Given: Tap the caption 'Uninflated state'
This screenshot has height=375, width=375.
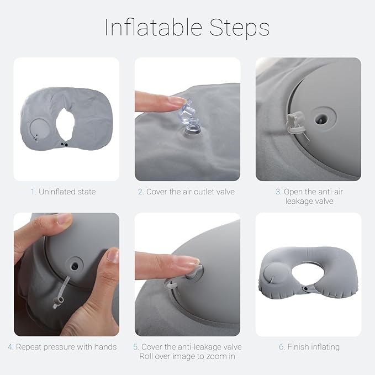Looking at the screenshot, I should click(67, 192).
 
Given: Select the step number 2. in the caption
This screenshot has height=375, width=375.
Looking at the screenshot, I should click(141, 192).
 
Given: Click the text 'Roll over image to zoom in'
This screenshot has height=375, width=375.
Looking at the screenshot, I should click(187, 356).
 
